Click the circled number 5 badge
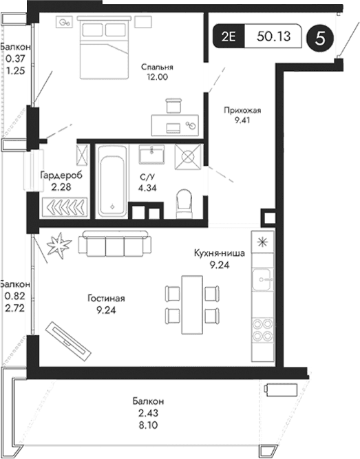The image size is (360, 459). [319, 38]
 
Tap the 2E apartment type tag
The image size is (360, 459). [228, 38]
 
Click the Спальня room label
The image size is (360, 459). [157, 67]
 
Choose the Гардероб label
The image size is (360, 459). [61, 175]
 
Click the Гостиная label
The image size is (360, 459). [106, 299]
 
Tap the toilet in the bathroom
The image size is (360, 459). [184, 202]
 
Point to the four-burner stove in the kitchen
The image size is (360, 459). [262, 330]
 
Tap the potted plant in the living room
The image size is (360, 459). [57, 246]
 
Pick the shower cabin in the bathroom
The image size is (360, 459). [189, 158]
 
